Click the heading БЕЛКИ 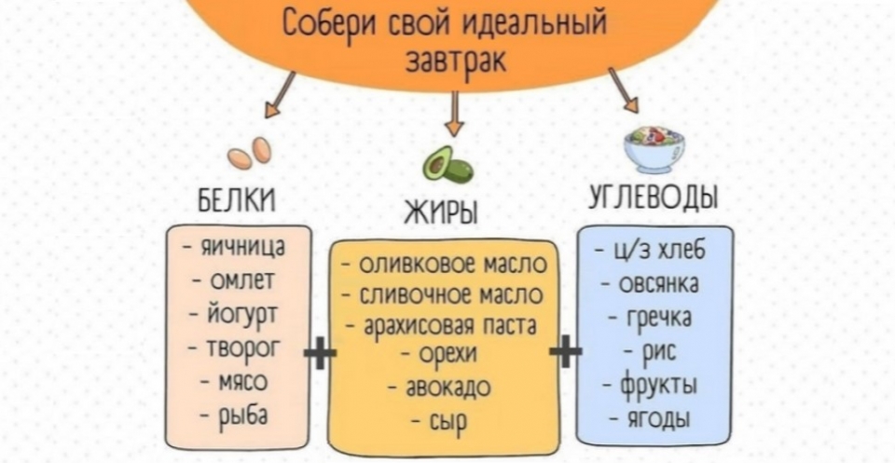pos(238,200)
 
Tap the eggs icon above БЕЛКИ pos(250,154)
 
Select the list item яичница pos(239,249)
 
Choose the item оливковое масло pos(446,266)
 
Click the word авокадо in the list pos(443,387)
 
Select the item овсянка pos(654,284)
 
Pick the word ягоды pos(654,417)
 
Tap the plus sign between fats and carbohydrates pos(566,354)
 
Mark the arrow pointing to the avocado pos(454,114)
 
